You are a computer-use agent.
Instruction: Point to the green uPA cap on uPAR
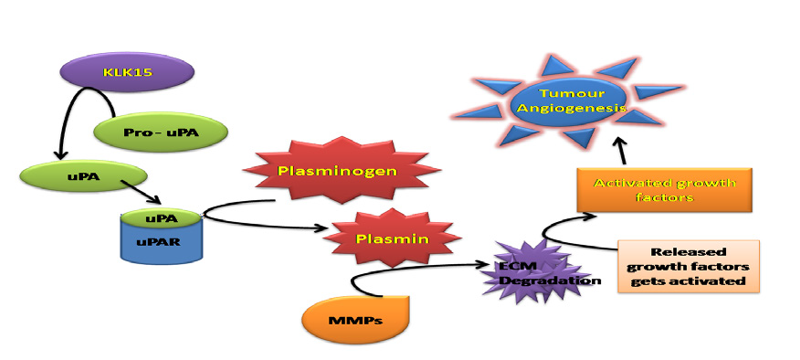tap(160, 218)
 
